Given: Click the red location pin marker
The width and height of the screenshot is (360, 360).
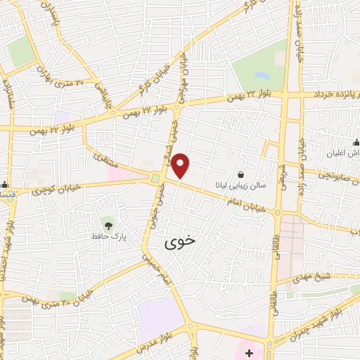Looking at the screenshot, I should (x=181, y=165).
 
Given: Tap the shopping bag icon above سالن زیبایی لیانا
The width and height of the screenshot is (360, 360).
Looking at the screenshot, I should (x=242, y=174).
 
